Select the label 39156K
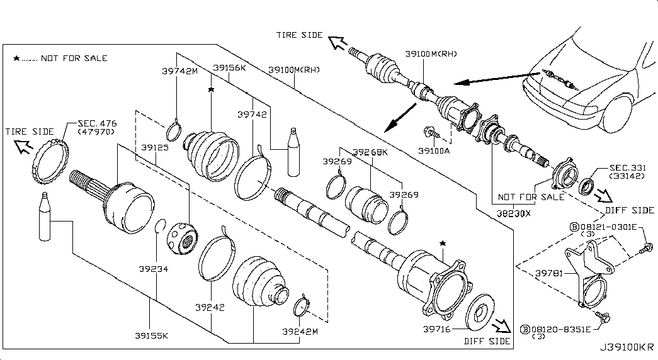229,67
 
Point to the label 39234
154,269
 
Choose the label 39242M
300,331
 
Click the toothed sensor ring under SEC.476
49,162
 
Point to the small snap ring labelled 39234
160,226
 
